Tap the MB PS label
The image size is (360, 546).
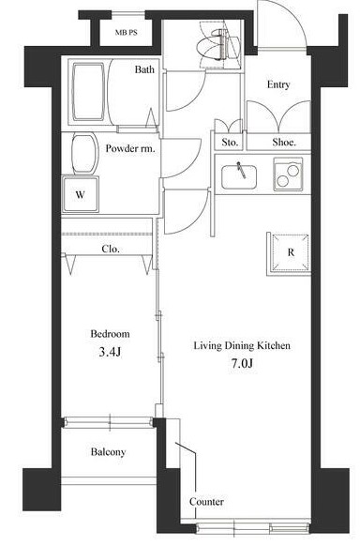tap(126, 33)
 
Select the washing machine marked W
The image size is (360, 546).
tap(81, 194)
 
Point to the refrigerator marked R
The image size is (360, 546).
tap(290, 252)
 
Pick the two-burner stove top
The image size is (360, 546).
tap(288, 174)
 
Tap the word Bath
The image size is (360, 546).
tap(144, 69)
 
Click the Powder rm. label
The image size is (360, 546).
tap(130, 148)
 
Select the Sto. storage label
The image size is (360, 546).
tap(230, 143)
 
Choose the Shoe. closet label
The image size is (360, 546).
tap(284, 142)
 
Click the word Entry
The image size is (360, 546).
tap(278, 85)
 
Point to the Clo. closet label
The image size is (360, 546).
tap(111, 249)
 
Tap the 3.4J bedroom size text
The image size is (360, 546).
tap(110, 352)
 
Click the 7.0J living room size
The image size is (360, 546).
tap(242, 364)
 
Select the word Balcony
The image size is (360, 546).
tap(108, 452)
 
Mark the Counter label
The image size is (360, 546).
tap(206, 502)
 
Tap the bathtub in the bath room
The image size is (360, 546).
tap(88, 92)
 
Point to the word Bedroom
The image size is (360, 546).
tap(110, 334)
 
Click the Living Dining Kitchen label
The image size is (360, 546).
tap(242, 346)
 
